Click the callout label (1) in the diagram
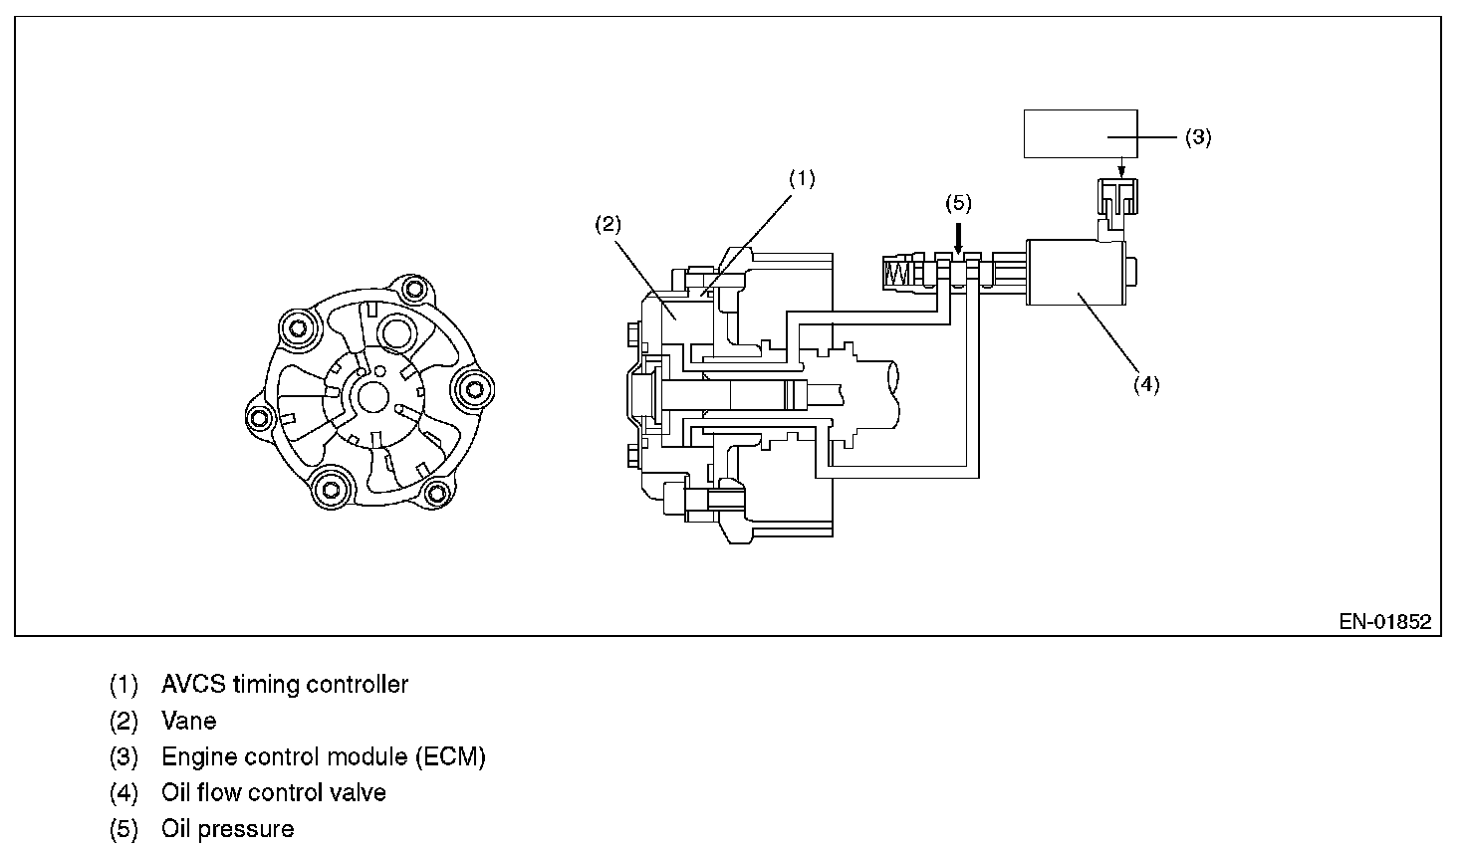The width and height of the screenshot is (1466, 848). tap(802, 179)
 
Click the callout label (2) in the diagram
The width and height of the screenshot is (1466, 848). tap(608, 225)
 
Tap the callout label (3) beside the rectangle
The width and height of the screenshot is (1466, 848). tap(1197, 137)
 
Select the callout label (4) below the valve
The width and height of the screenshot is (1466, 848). tap(1146, 383)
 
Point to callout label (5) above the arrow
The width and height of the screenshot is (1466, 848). tap(957, 203)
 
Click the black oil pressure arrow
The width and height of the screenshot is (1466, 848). tap(958, 237)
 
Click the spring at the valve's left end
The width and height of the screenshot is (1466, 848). tap(897, 271)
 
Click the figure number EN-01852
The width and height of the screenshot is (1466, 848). tap(1384, 622)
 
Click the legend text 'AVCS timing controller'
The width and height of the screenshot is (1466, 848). tap(284, 685)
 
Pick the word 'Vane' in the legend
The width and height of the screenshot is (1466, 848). tap(188, 721)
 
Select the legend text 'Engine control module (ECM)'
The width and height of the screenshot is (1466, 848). tap(323, 756)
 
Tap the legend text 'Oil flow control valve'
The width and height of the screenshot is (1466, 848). tap(273, 792)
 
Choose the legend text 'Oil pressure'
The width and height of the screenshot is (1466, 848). tap(227, 828)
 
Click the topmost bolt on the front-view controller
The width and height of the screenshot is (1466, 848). tap(411, 291)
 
